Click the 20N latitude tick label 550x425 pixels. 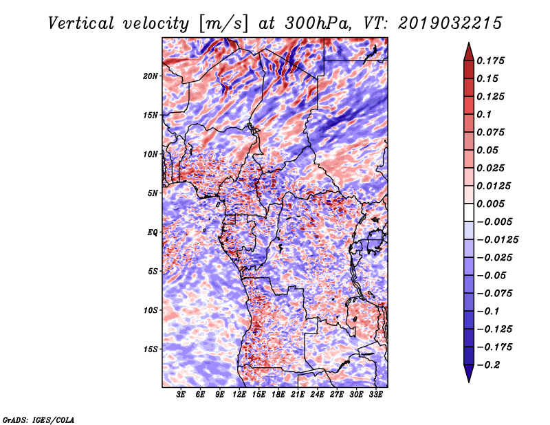[x=151, y=76]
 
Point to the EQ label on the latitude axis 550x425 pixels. [x=152, y=232]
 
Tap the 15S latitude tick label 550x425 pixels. [x=151, y=349]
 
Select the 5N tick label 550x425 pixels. [x=153, y=193]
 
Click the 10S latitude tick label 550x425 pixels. [x=151, y=310]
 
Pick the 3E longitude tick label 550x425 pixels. [x=181, y=394]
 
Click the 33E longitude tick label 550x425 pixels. [x=375, y=394]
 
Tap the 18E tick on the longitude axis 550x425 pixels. [x=278, y=394]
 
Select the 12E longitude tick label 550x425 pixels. [x=239, y=394]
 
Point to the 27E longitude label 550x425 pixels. [x=337, y=394]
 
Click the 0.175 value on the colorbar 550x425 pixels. [x=490, y=61]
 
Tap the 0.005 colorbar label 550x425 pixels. [x=490, y=204]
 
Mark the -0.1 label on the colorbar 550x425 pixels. [x=488, y=311]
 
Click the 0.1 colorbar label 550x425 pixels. [x=485, y=114]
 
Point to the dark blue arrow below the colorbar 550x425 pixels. [x=469, y=372]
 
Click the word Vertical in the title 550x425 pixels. [x=81, y=23]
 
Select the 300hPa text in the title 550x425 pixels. [x=318, y=23]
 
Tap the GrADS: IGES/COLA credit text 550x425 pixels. [x=38, y=419]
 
